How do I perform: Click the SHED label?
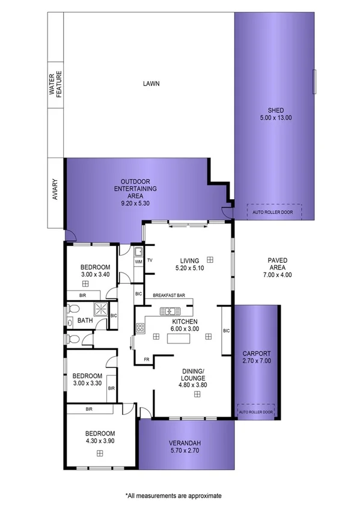(x=276, y=110)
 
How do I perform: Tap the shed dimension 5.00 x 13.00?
(x=276, y=118)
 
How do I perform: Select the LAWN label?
(x=151, y=84)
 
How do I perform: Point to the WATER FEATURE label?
(x=55, y=84)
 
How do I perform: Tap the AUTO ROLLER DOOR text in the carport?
(x=255, y=413)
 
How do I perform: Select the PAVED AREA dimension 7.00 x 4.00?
(x=277, y=275)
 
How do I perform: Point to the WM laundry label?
(x=138, y=262)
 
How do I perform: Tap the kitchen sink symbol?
(x=170, y=311)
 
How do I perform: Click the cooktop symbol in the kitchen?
(x=141, y=328)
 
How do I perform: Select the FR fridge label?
(x=146, y=360)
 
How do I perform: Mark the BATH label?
(x=85, y=321)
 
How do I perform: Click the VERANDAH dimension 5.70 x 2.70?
(x=185, y=452)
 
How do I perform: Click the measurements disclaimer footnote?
(x=173, y=496)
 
